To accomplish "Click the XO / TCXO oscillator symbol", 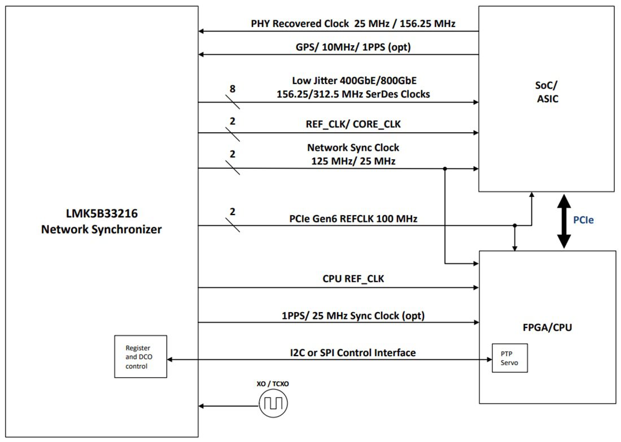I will click(x=273, y=404).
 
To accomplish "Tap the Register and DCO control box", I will click(x=140, y=357).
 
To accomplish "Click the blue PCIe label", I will click(x=583, y=220).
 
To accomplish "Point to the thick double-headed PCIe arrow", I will click(x=563, y=221).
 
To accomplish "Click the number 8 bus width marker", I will click(x=233, y=89).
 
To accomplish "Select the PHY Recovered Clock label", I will click(x=353, y=24).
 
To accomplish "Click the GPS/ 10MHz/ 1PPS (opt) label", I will click(x=353, y=47).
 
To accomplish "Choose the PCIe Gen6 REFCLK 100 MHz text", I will click(x=353, y=218).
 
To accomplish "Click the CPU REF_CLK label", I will click(x=353, y=278).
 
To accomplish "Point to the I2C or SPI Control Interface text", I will click(x=353, y=353).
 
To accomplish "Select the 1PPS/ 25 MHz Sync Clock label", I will click(x=353, y=315).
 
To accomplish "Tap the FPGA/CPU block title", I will click(x=547, y=327).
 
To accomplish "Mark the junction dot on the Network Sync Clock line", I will click(x=445, y=168).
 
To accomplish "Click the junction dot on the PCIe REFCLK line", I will click(x=514, y=226).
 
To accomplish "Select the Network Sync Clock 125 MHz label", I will click(x=353, y=154).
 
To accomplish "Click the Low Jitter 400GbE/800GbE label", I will click(x=353, y=87).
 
